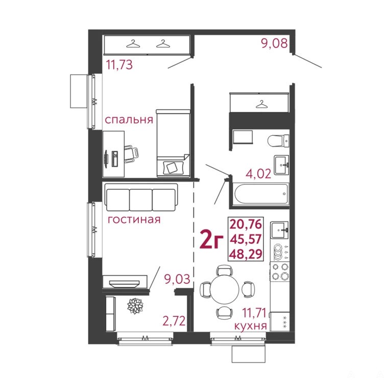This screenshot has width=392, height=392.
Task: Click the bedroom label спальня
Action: pos(129,120)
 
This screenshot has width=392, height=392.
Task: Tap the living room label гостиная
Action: pos(134,219)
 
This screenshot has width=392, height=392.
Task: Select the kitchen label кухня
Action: pos(251,326)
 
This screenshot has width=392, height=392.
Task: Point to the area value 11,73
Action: pos(119,65)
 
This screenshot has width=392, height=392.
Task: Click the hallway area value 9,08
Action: pos(275,43)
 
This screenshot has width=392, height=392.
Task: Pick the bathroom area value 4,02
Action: pos(258,174)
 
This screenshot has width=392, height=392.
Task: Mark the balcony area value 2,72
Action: pos(174,321)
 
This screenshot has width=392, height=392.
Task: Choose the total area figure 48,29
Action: pos(246,254)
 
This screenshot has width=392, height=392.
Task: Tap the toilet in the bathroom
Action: pos(278,140)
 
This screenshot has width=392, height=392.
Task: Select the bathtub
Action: pos(261,194)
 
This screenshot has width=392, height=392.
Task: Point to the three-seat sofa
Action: pos(141,198)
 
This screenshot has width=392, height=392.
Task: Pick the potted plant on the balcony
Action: pos(135,306)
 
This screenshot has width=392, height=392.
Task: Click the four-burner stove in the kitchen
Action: pos(280,272)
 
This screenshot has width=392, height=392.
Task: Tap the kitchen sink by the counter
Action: pos(280,230)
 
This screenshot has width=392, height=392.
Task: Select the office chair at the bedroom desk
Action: pos(131,154)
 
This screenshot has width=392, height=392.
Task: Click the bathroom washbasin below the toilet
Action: pos(282,164)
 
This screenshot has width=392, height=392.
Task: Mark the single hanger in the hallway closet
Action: pos(261,104)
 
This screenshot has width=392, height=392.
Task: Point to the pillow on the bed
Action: pos(171,167)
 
